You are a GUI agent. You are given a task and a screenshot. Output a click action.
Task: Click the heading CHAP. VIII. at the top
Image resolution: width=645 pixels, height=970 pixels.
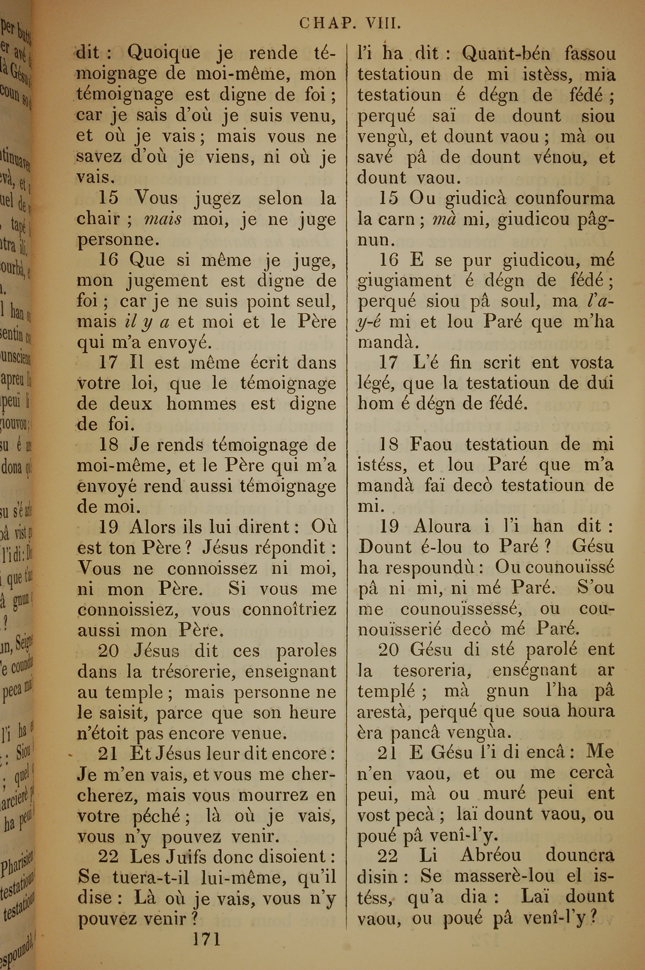[350, 24]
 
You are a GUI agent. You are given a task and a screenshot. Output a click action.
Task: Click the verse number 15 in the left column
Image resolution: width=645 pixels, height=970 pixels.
[109, 198]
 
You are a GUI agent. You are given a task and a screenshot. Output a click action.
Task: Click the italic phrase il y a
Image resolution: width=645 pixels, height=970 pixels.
[147, 322]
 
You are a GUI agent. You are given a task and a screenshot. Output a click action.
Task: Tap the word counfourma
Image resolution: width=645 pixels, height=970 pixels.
[564, 199]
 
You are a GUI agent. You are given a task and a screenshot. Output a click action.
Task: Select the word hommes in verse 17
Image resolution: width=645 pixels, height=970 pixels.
[201, 404]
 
